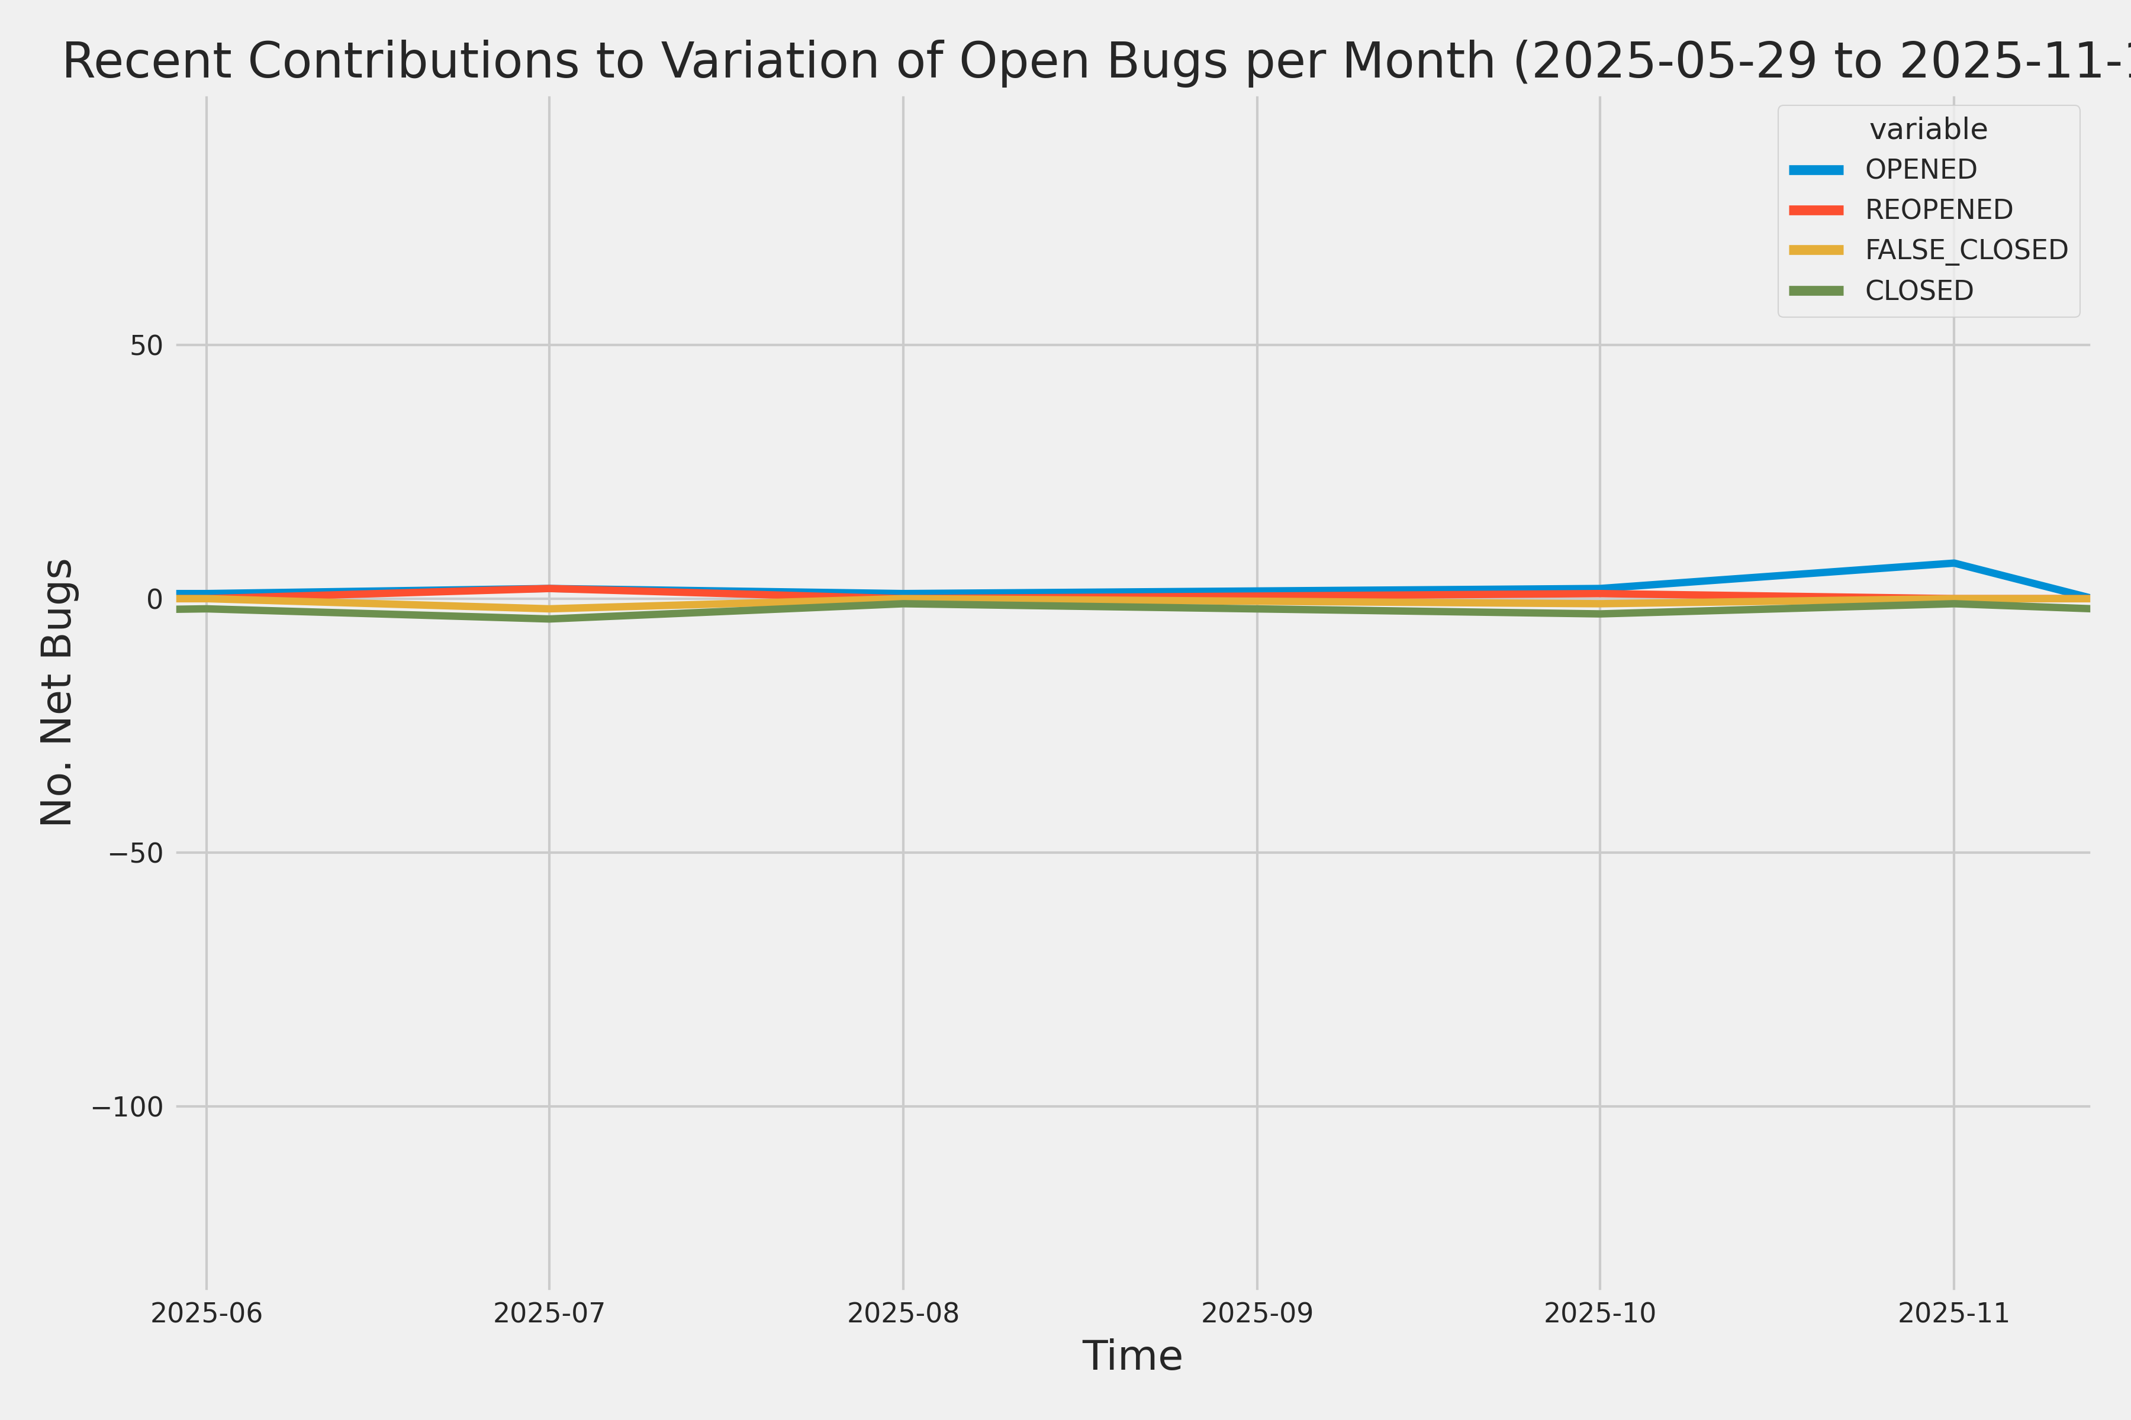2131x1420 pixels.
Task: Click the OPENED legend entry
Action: [x=1921, y=169]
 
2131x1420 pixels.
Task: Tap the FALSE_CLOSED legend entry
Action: [x=1966, y=250]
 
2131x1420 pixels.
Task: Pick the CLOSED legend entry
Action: [x=1919, y=291]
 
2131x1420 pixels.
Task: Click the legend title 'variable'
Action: [x=1928, y=130]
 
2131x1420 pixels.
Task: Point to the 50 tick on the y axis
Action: [x=146, y=345]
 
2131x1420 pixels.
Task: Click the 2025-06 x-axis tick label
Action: [x=207, y=1313]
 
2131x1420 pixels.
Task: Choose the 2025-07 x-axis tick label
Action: [x=549, y=1313]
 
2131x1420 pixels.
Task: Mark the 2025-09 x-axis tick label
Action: [x=1257, y=1313]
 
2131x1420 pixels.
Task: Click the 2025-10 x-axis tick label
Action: [x=1600, y=1313]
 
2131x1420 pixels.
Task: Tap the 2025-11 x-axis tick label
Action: [x=1953, y=1313]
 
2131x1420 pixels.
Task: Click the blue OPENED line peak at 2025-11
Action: [x=1953, y=563]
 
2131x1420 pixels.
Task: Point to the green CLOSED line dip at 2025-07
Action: [x=549, y=618]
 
